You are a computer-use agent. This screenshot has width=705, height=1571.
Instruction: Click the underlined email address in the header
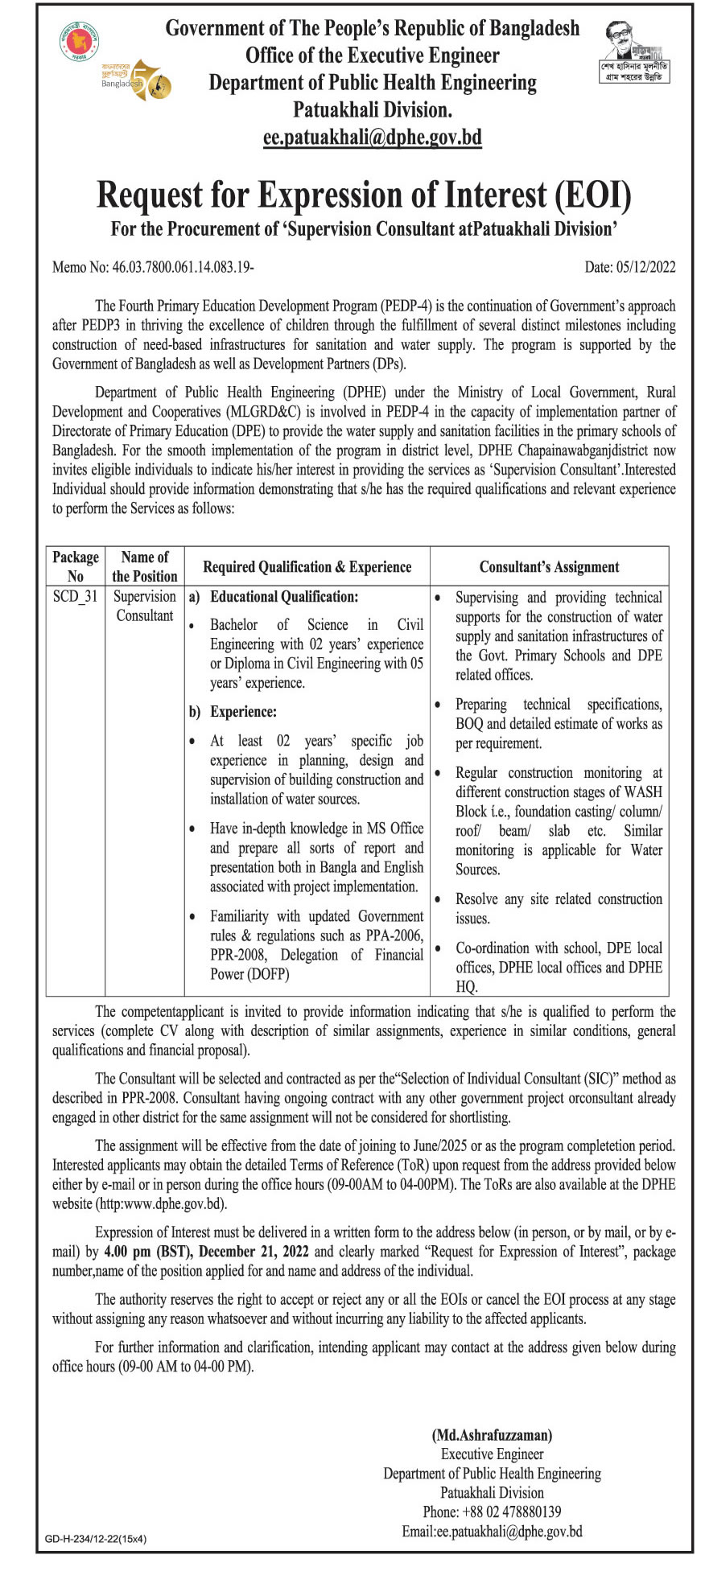[372, 137]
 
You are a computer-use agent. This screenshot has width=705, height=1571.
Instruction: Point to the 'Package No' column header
[76, 566]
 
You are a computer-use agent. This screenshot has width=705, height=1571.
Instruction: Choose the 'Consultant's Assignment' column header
[549, 566]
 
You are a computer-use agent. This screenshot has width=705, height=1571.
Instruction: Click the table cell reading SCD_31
[75, 596]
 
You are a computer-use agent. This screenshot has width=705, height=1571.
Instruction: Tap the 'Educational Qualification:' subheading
[284, 597]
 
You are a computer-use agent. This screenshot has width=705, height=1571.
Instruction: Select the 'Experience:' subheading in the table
[243, 712]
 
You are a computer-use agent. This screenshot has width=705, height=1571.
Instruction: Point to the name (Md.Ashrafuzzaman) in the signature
[492, 1434]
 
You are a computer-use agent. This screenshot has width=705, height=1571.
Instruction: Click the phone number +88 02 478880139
[492, 1511]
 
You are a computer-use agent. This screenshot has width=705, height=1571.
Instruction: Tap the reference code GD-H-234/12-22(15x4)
[96, 1539]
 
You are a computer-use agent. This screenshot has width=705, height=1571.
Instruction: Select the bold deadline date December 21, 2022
[254, 1252]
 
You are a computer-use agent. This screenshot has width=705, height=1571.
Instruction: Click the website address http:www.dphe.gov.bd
[161, 1203]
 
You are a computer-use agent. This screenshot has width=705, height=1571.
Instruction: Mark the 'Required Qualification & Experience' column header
[307, 566]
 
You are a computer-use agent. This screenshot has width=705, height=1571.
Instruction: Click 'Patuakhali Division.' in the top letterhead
[372, 109]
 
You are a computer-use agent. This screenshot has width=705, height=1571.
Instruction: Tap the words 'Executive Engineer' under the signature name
[492, 1454]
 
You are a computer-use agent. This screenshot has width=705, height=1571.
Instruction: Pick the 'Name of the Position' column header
[145, 566]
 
